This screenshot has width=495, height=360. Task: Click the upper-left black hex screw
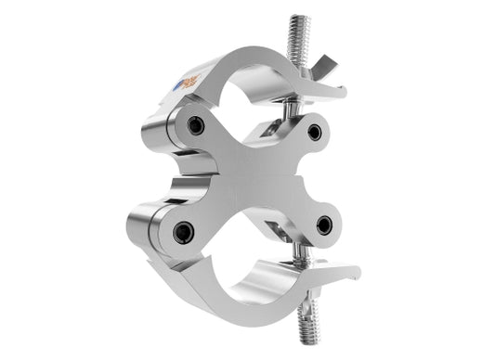tap(194, 125)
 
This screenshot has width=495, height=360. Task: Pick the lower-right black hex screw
tap(323, 225)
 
